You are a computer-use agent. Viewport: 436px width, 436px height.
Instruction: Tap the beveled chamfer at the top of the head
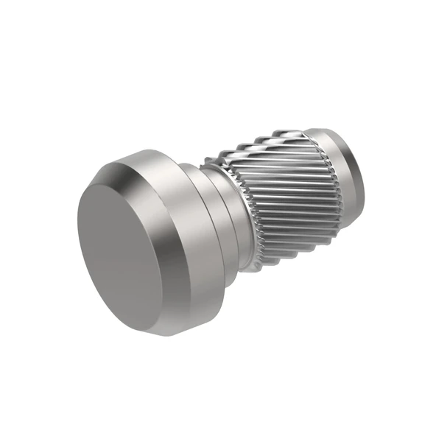tap(129, 163)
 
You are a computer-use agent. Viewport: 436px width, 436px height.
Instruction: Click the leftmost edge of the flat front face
tap(77, 228)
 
